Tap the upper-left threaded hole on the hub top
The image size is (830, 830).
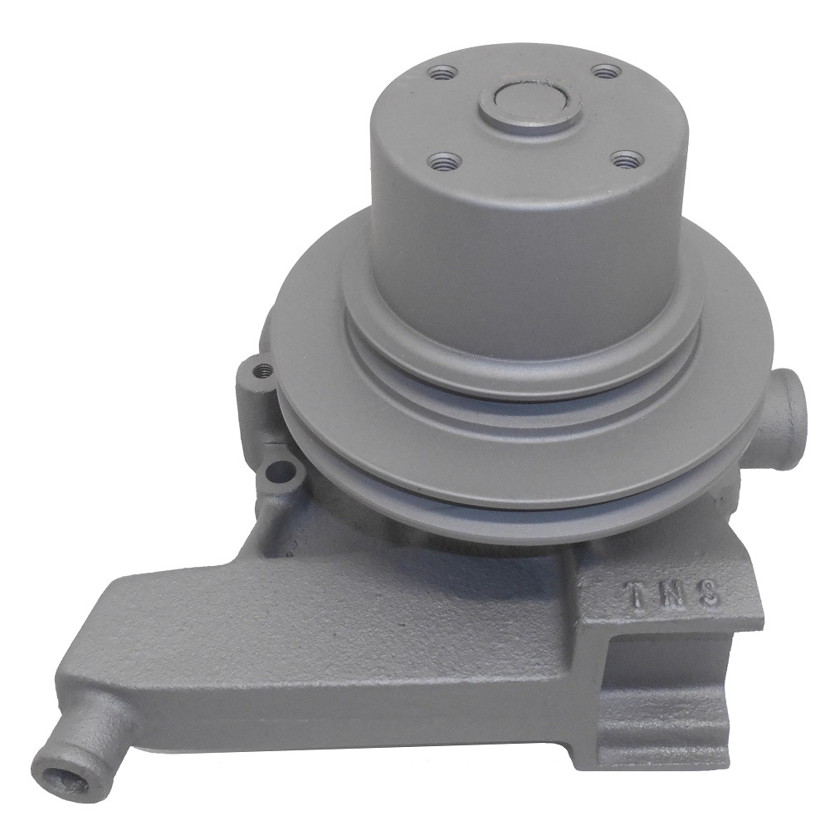pos(439,76)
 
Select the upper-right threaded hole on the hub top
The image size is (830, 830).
pos(608,71)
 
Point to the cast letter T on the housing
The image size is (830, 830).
pos(634,593)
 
